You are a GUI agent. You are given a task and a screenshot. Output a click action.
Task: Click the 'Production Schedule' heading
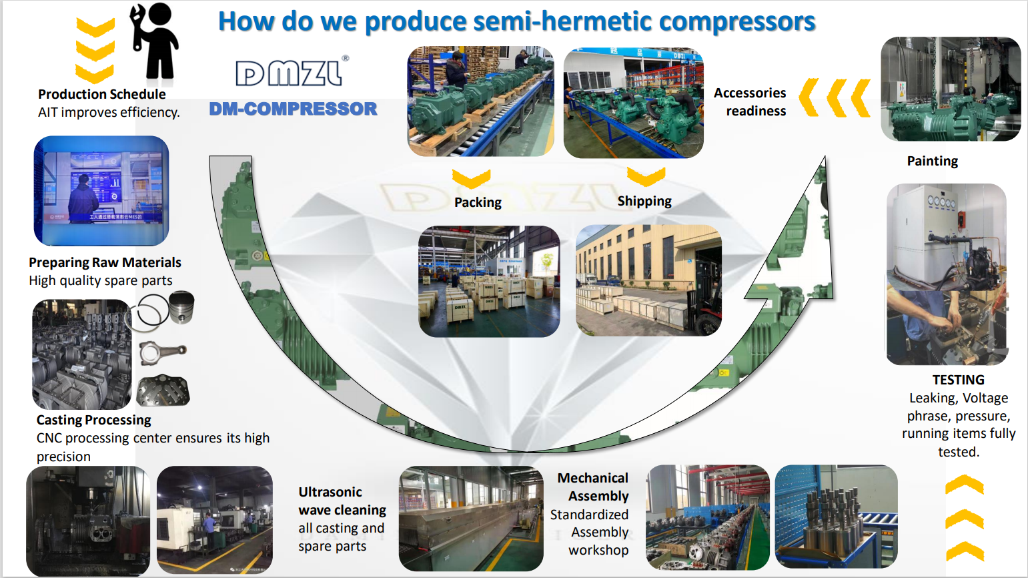(101, 94)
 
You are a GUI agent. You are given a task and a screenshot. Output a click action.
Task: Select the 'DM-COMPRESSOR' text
(293, 109)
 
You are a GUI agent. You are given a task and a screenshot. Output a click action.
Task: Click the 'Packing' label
(478, 202)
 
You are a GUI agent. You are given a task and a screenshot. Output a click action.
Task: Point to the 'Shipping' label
(644, 201)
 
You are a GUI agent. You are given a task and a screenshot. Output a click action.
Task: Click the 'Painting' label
(932, 161)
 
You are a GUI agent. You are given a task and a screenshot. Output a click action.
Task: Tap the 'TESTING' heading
(958, 380)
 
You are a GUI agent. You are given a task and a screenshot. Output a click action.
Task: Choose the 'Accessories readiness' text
(751, 102)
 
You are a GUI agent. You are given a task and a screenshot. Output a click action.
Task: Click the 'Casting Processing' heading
(93, 420)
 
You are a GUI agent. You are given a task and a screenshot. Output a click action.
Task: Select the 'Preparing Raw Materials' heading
(105, 262)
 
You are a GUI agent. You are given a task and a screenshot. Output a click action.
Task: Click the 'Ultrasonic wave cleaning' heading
(342, 501)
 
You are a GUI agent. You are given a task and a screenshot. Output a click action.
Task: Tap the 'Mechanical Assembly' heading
(594, 487)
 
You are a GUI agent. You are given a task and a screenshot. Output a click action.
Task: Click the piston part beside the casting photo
(181, 308)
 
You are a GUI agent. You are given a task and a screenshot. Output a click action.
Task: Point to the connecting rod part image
(163, 352)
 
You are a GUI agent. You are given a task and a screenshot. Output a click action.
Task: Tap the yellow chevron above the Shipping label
(646, 177)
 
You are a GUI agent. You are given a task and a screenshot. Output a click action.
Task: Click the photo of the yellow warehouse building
(648, 280)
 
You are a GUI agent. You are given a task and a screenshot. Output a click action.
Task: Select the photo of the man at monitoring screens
(101, 191)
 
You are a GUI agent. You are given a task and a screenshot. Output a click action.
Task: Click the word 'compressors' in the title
(736, 21)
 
